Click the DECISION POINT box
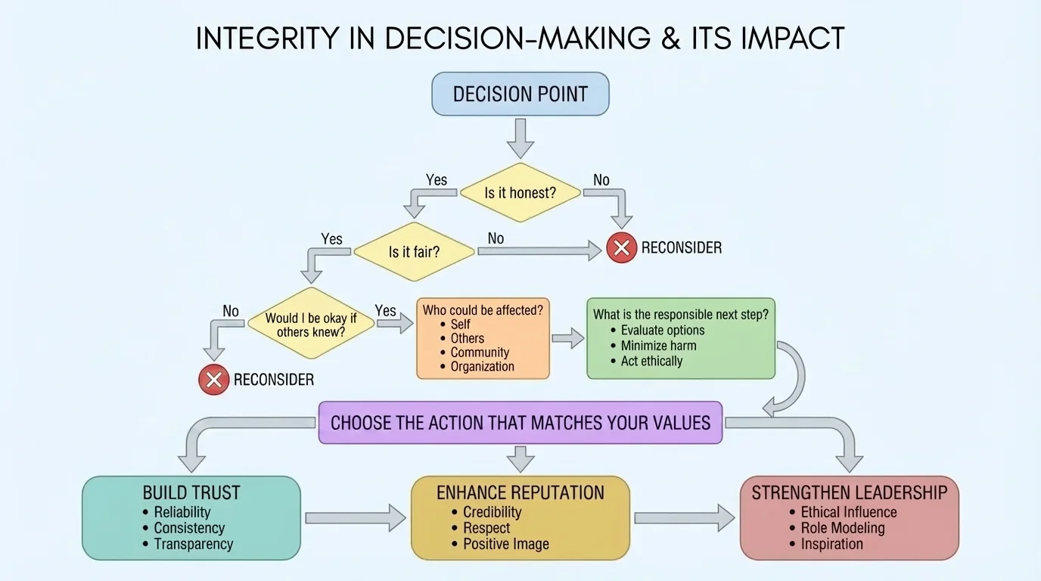pos(520,94)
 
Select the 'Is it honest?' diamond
pos(520,193)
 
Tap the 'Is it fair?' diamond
pos(414,252)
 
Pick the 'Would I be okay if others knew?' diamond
pos(311,325)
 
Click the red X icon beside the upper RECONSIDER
pos(622,248)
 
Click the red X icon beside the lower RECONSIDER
pos(214,379)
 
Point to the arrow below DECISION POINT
pos(520,137)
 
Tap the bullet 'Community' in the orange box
pos(480,353)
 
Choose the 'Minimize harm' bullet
pos(658,346)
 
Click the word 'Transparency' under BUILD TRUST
pos(194,544)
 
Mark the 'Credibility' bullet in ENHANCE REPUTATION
pos(493,512)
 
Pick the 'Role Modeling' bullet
pos(842,528)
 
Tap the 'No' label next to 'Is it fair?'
pos(496,238)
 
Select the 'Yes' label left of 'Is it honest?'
pos(437,180)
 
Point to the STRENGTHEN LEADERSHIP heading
pos(849,493)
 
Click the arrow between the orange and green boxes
pos(567,338)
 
